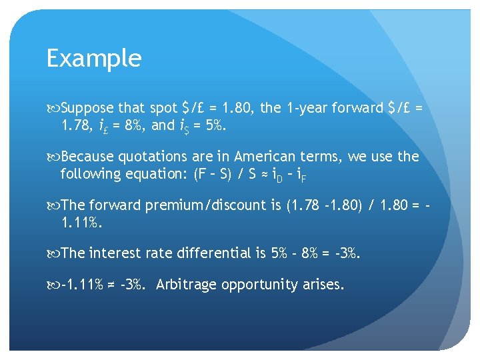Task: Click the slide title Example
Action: click(94, 59)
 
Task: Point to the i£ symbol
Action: click(104, 125)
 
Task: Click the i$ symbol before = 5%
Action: click(182, 125)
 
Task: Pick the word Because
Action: click(88, 157)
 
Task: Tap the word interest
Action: click(116, 253)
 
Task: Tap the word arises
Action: click(323, 285)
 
